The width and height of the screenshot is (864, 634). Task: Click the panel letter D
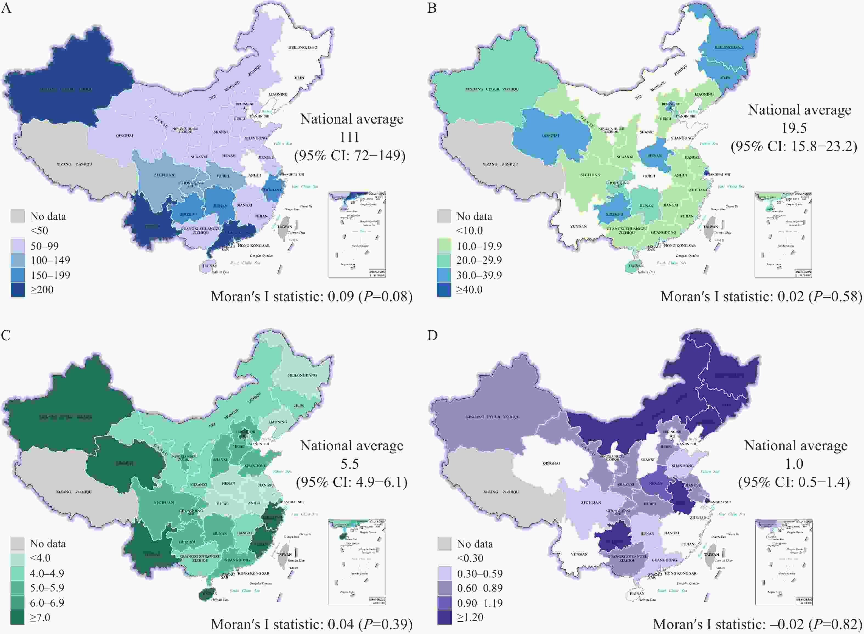pyautogui.click(x=432, y=336)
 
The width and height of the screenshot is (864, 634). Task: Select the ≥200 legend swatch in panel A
pyautogui.click(x=18, y=290)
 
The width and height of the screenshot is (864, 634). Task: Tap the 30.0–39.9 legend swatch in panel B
pyautogui.click(x=444, y=275)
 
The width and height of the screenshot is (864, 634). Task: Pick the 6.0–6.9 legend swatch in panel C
pyautogui.click(x=18, y=602)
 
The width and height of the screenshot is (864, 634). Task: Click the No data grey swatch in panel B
pyautogui.click(x=444, y=216)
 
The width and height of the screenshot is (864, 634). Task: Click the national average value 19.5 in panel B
pyautogui.click(x=794, y=128)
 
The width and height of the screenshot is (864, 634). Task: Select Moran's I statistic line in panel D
pyautogui.click(x=757, y=624)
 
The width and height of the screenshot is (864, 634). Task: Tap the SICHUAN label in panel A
pyautogui.click(x=165, y=175)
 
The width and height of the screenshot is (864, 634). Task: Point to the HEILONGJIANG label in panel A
pyautogui.click(x=303, y=48)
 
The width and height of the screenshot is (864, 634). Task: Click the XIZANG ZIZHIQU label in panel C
pyautogui.click(x=74, y=491)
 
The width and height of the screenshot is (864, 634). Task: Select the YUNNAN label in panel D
pyautogui.click(x=579, y=554)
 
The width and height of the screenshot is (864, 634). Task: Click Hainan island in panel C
pyautogui.click(x=207, y=594)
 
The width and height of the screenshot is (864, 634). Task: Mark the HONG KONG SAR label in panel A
pyautogui.click(x=253, y=246)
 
